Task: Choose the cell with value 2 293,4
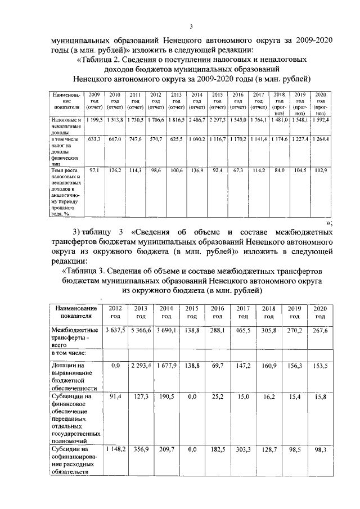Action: (140, 366)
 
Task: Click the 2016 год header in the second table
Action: (217, 312)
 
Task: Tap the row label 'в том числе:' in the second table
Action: (69, 353)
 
